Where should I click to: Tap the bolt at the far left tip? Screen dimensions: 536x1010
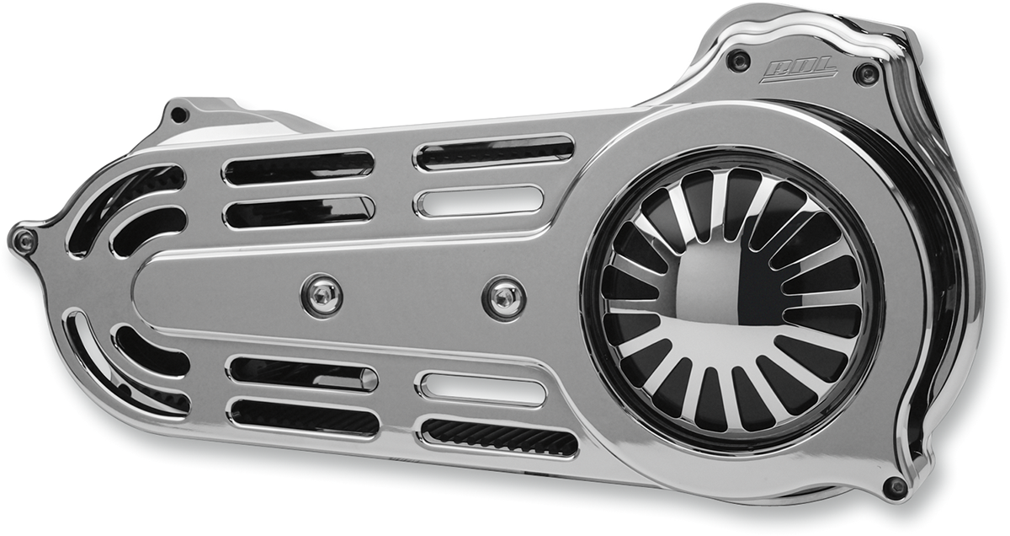24,242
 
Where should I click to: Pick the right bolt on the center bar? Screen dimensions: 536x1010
505,297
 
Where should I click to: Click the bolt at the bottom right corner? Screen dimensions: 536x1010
896,486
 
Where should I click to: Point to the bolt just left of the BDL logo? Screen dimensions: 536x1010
739,60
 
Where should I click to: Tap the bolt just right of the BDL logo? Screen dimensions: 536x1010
866,73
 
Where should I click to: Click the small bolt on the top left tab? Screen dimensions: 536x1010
178,114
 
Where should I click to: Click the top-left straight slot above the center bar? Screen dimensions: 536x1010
298,168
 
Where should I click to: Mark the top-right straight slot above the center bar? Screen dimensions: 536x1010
495,152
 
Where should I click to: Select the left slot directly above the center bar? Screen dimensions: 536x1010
298,212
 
